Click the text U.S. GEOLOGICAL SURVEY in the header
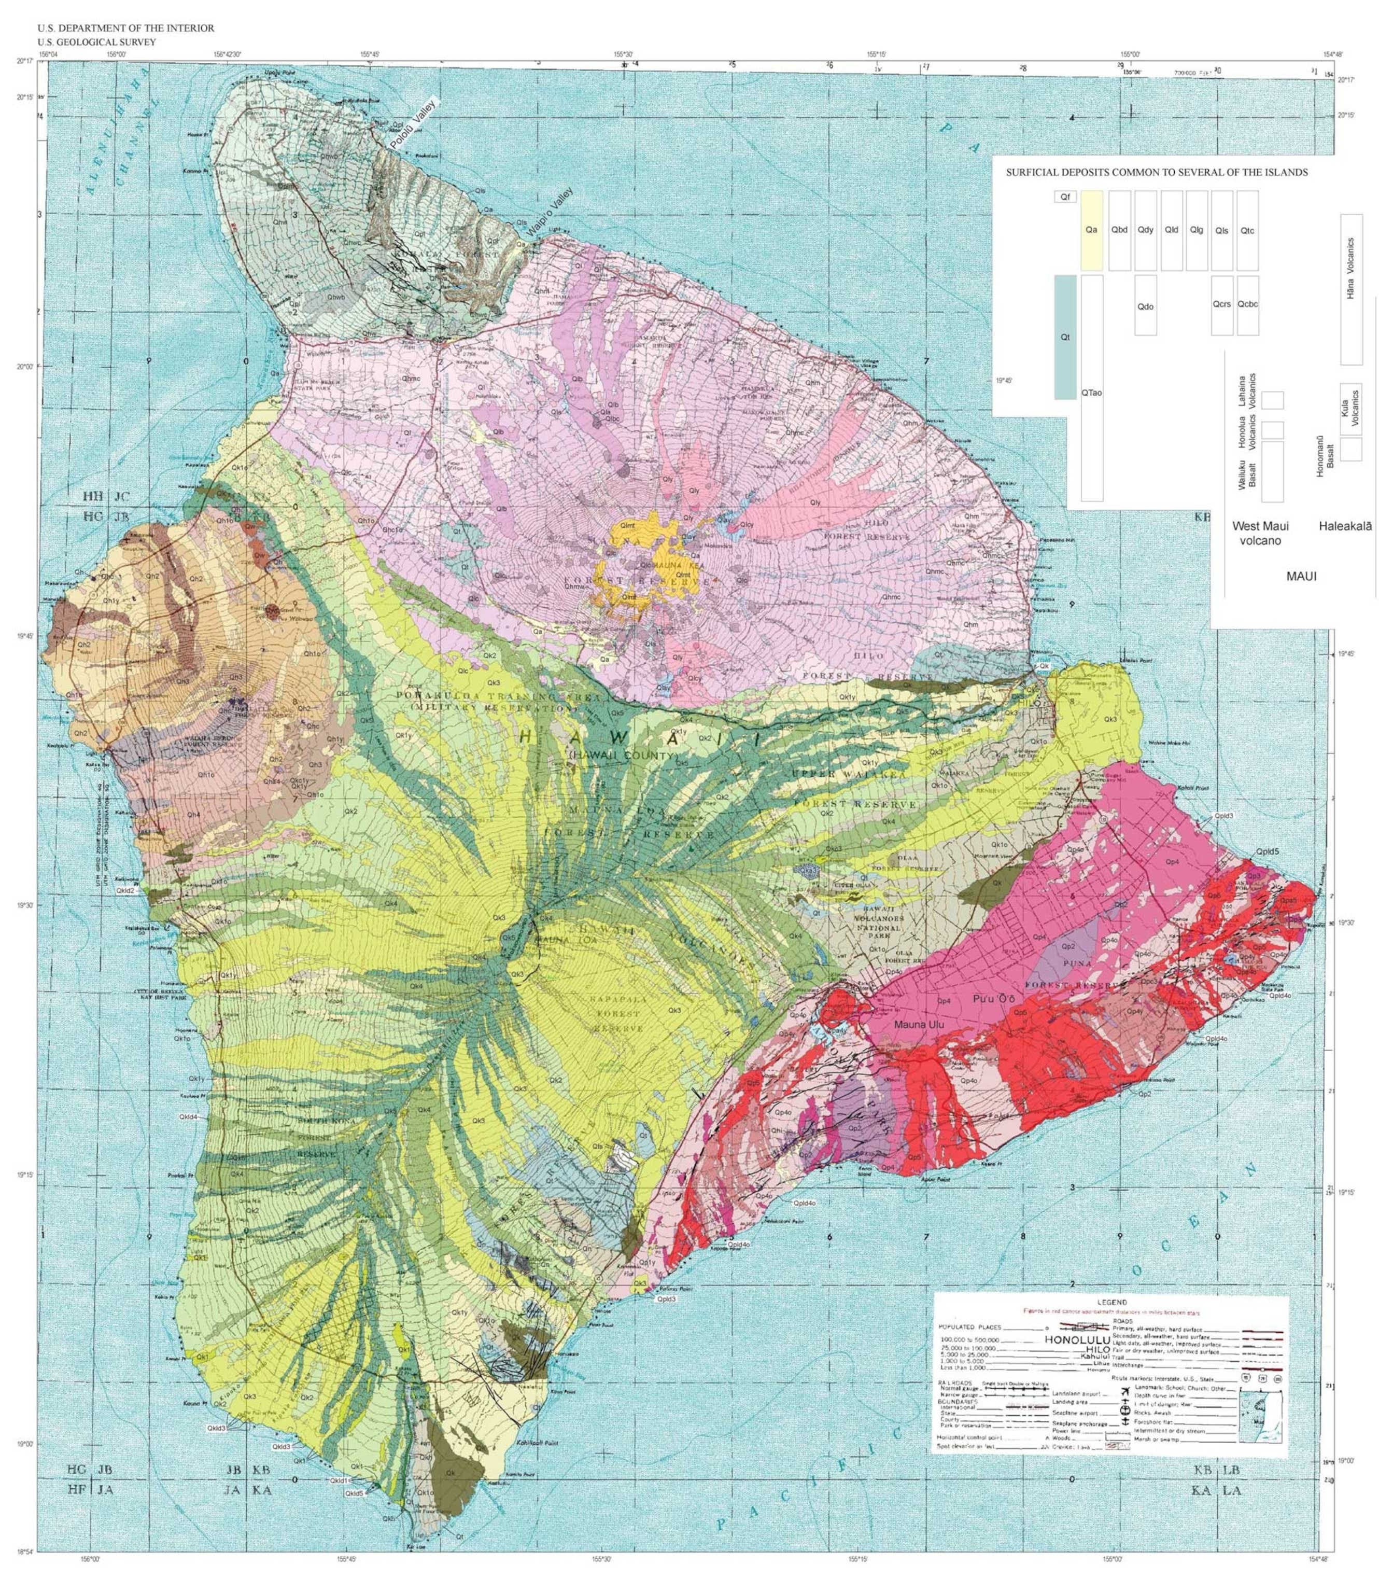click(x=96, y=43)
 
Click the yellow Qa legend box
click(x=1091, y=230)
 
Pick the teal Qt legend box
click(x=1064, y=337)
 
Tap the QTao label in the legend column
click(x=1091, y=393)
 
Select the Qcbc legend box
click(x=1247, y=305)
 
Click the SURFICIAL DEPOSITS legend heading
click(x=1157, y=172)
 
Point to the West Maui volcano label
click(x=1260, y=533)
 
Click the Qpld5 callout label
click(x=1267, y=852)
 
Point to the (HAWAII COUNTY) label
click(x=623, y=757)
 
